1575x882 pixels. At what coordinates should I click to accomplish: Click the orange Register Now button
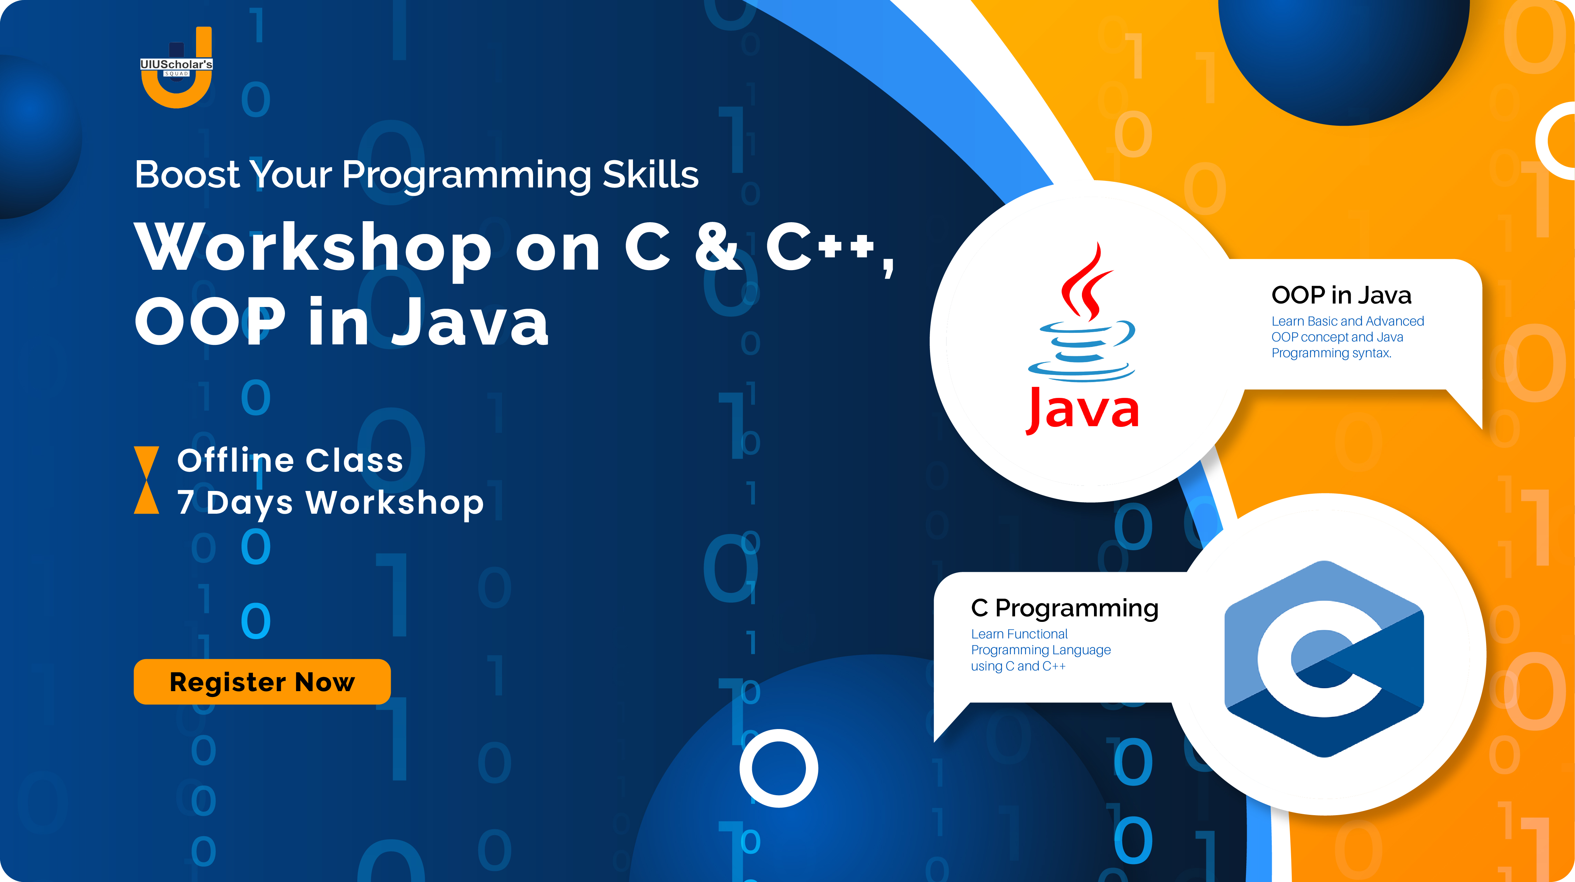click(x=262, y=681)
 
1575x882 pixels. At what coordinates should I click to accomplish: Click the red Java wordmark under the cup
click(x=1082, y=410)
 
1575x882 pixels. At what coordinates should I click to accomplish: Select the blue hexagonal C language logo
click(x=1324, y=659)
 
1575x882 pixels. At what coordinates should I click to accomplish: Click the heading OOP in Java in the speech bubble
click(x=1341, y=295)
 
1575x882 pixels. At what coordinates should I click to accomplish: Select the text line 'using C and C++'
click(x=1018, y=666)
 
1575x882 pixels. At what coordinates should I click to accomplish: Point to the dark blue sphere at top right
click(x=1344, y=55)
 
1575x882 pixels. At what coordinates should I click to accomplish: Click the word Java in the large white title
click(x=470, y=322)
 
